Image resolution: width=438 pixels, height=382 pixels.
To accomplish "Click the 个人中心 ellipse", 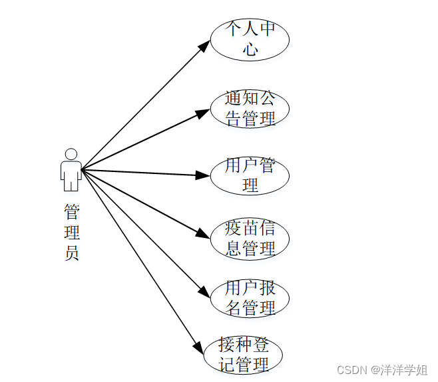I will pyautogui.click(x=250, y=39).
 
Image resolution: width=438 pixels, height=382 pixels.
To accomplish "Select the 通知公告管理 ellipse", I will pyautogui.click(x=250, y=108).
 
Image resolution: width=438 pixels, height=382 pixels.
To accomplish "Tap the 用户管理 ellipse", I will pyautogui.click(x=250, y=175).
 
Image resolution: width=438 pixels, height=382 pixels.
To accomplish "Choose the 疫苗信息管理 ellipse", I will pyautogui.click(x=250, y=239).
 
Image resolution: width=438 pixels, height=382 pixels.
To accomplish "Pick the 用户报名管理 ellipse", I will pyautogui.click(x=250, y=297).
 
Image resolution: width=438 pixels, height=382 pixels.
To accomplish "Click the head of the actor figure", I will pyautogui.click(x=71, y=154).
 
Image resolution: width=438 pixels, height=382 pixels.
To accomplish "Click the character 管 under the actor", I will pyautogui.click(x=72, y=212).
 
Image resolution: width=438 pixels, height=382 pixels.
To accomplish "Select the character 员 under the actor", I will pyautogui.click(x=72, y=253).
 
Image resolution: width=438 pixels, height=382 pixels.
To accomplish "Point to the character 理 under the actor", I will pyautogui.click(x=72, y=233).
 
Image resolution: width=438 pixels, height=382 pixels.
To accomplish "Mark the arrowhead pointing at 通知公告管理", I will pyautogui.click(x=203, y=112).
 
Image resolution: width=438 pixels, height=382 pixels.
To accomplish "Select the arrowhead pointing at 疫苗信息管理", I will pyautogui.click(x=203, y=235).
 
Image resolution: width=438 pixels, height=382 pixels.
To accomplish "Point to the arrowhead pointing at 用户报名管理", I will pyautogui.click(x=204, y=293).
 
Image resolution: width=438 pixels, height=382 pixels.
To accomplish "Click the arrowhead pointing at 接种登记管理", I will pyautogui.click(x=198, y=347).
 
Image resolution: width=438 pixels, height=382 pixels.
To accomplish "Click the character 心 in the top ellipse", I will pyautogui.click(x=250, y=49).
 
